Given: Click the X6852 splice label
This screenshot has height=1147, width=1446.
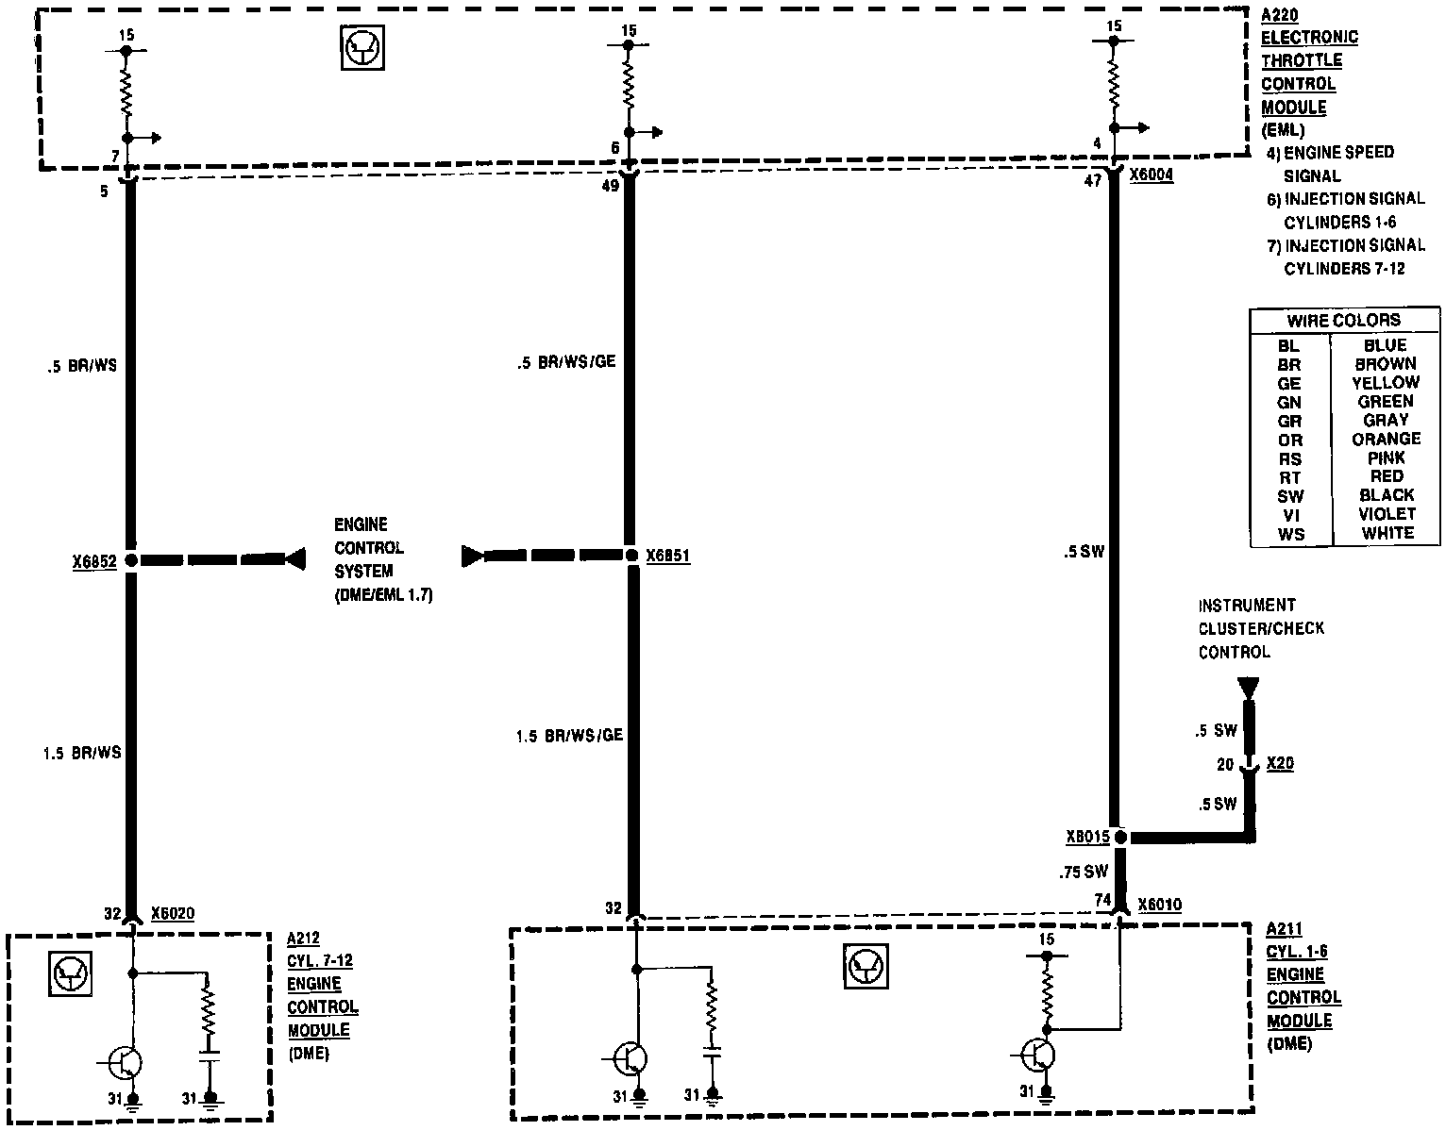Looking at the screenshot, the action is [94, 561].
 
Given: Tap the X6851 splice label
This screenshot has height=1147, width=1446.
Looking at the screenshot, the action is [668, 556].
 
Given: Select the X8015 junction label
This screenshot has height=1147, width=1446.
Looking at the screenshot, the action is [1088, 837].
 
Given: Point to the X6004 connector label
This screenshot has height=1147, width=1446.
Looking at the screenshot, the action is [1151, 175].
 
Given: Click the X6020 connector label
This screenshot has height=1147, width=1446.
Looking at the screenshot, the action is [173, 913].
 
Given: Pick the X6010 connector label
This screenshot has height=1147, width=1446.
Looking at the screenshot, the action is [1160, 905].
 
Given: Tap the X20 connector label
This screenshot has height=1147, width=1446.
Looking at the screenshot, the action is [1280, 763].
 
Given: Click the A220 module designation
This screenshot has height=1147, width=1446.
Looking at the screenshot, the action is [1279, 15].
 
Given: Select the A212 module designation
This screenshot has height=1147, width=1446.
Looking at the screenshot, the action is [303, 939].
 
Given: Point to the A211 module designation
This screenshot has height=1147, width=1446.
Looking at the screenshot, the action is [1284, 929].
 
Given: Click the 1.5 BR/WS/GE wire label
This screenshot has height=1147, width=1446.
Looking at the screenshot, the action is [569, 736].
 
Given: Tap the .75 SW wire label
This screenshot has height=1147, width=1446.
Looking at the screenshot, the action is [1084, 873].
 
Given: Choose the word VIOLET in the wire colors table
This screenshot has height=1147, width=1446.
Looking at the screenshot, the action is [1387, 514].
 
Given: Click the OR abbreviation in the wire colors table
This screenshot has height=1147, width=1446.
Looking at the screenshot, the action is [1290, 441].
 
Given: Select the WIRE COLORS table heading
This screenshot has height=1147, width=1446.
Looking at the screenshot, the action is [1344, 321].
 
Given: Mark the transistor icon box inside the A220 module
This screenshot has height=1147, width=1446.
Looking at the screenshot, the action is [362, 48].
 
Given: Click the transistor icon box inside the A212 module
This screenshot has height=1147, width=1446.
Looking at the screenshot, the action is [71, 973].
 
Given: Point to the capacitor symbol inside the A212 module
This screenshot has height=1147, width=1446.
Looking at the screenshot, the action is [210, 1056].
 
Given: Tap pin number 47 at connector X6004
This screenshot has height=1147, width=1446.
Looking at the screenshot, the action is [1093, 181].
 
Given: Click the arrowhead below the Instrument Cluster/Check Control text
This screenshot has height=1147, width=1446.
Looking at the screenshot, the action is [1248, 689].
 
